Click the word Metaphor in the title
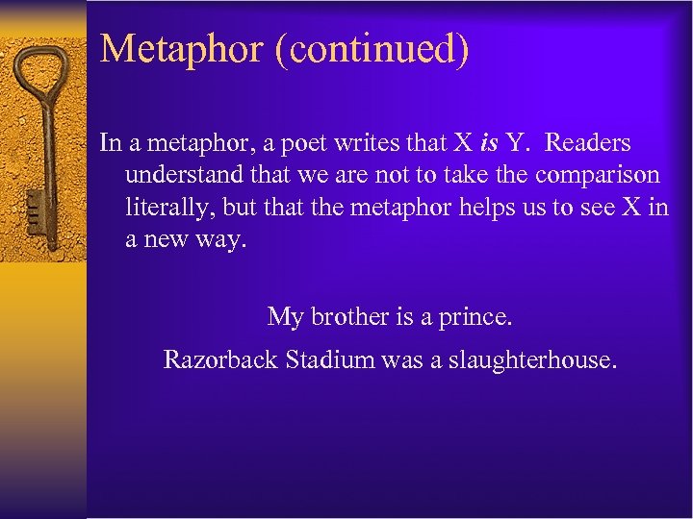pyautogui.click(x=182, y=48)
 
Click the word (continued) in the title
pyautogui.click(x=372, y=48)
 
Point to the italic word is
pyautogui.click(x=489, y=144)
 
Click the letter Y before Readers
pyautogui.click(x=518, y=144)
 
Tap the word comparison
pyautogui.click(x=598, y=176)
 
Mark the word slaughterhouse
pyautogui.click(x=532, y=361)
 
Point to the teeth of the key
pyautogui.click(x=33, y=207)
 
